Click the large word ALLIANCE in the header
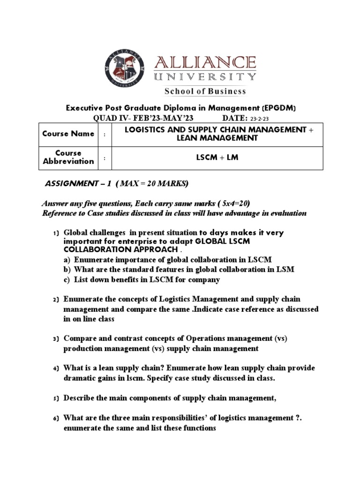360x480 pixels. coord(206,62)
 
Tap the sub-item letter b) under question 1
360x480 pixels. coord(67,269)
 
